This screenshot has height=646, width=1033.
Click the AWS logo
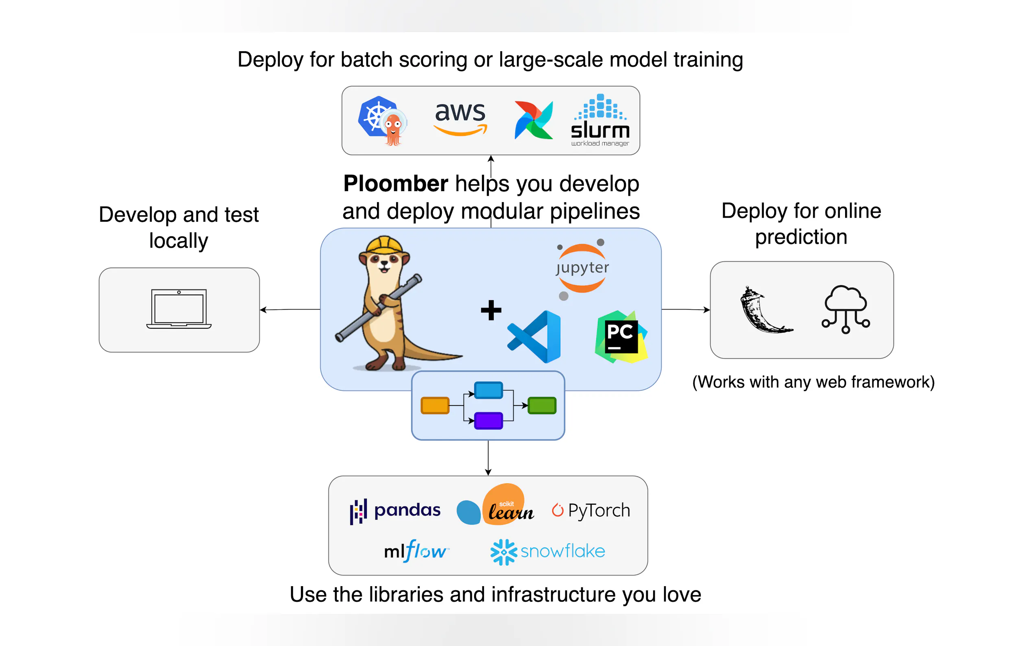(x=460, y=119)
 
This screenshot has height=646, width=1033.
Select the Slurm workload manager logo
(x=600, y=120)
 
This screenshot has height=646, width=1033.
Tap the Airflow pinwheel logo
(x=533, y=120)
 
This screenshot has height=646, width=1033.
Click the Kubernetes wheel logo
(x=375, y=116)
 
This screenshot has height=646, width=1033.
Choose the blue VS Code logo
(x=534, y=337)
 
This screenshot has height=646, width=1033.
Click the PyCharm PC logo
(x=621, y=337)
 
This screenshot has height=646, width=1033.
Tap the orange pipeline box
(x=435, y=406)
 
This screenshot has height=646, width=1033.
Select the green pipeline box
(x=541, y=406)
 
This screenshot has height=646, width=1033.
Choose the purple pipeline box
(x=488, y=420)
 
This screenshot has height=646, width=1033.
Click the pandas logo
(x=395, y=511)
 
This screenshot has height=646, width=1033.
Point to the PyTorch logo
(x=591, y=510)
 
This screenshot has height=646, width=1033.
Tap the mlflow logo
(x=416, y=551)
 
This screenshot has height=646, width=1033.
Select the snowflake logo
(x=547, y=552)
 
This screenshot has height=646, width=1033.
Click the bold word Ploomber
(x=395, y=184)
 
